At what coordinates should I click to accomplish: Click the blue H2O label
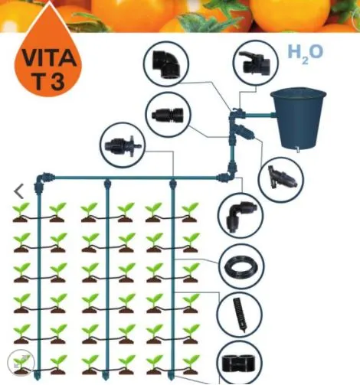(x=305, y=54)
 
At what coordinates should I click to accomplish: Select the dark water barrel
(x=301, y=116)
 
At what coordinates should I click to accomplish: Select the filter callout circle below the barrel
(x=277, y=178)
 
